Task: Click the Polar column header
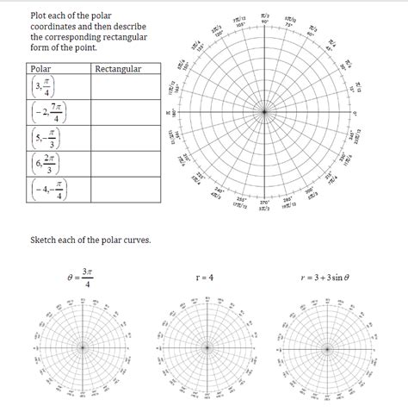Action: pos(40,68)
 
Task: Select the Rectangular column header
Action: pos(118,68)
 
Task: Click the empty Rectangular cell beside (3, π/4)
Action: pos(126,87)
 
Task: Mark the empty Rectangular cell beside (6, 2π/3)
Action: pos(126,164)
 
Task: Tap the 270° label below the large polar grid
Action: pos(265,203)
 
